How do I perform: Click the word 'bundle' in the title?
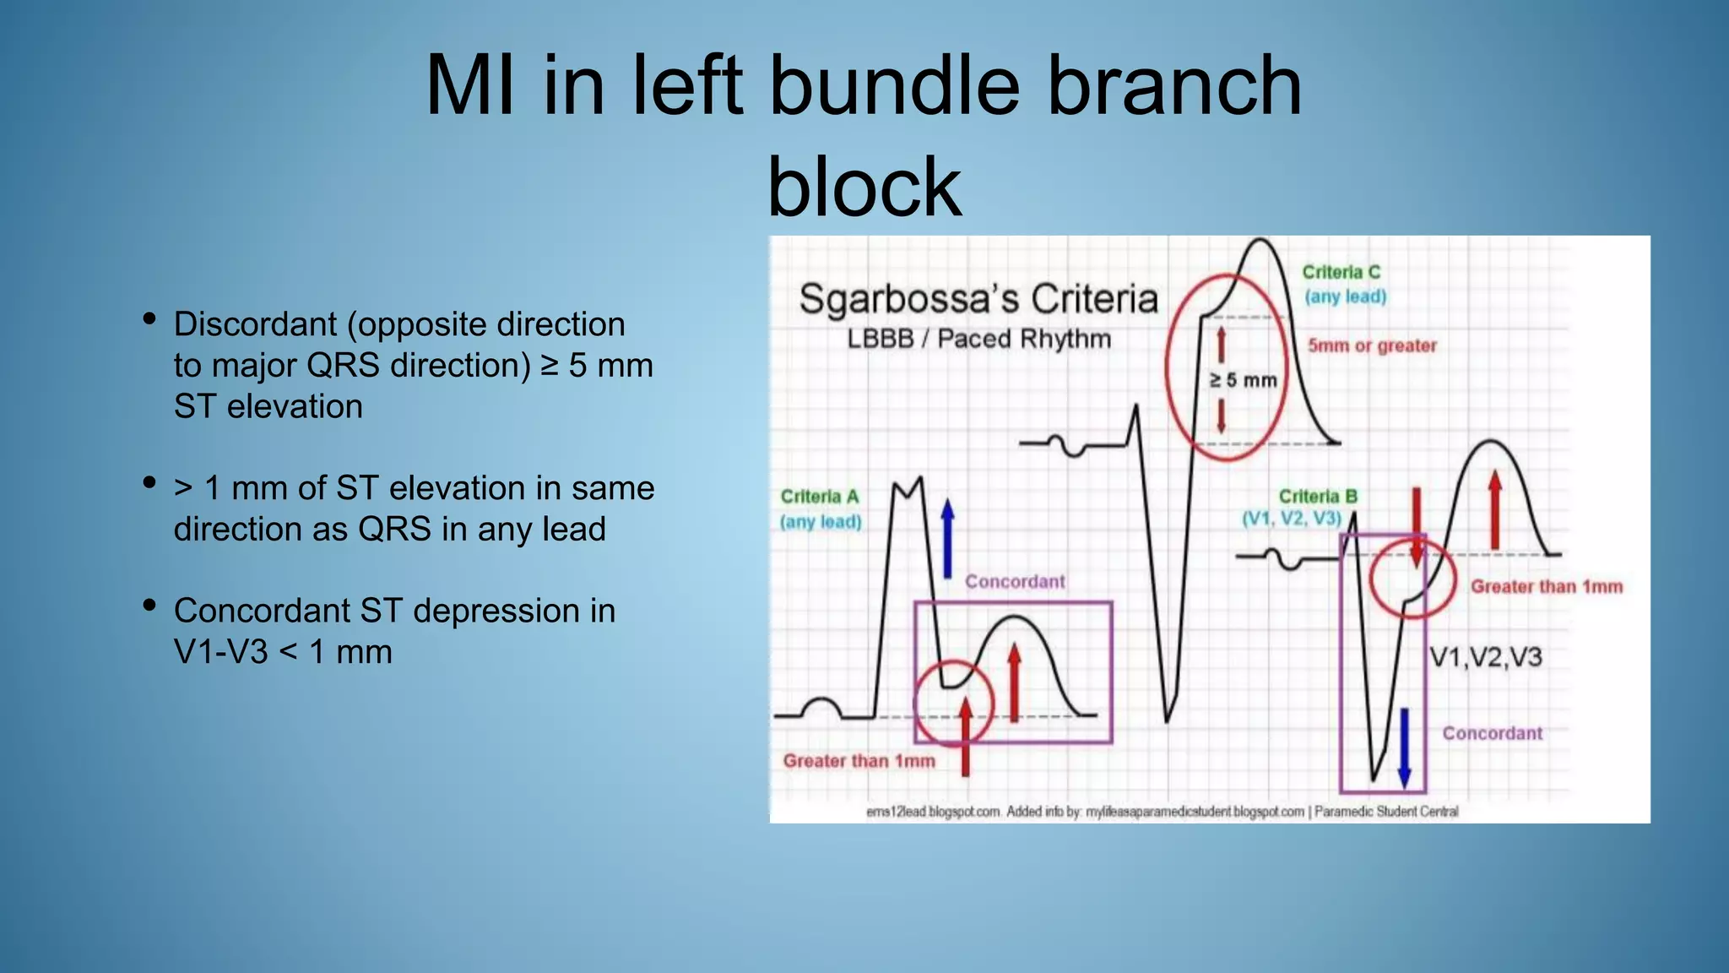click(895, 85)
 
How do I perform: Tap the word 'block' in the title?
click(864, 187)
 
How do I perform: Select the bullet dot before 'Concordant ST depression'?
click(149, 606)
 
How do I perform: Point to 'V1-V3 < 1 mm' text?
click(283, 652)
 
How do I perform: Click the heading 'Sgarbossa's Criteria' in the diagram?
click(978, 299)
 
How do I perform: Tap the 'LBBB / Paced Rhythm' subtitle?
click(978, 340)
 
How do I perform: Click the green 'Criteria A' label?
click(819, 497)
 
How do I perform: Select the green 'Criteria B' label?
click(1317, 497)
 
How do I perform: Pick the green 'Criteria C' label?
click(1341, 272)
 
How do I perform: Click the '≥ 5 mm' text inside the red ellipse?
click(1243, 381)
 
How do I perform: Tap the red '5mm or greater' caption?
click(1372, 345)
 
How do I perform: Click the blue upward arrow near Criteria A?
click(947, 537)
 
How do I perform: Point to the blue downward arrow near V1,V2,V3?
click(1405, 747)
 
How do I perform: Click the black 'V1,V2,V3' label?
click(1485, 657)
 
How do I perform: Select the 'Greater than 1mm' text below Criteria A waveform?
click(859, 761)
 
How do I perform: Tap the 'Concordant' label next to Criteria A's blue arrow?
click(1014, 582)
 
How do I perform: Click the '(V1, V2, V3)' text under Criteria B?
click(1291, 519)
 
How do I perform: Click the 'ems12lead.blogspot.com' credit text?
click(933, 812)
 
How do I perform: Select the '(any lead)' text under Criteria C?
click(1345, 296)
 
